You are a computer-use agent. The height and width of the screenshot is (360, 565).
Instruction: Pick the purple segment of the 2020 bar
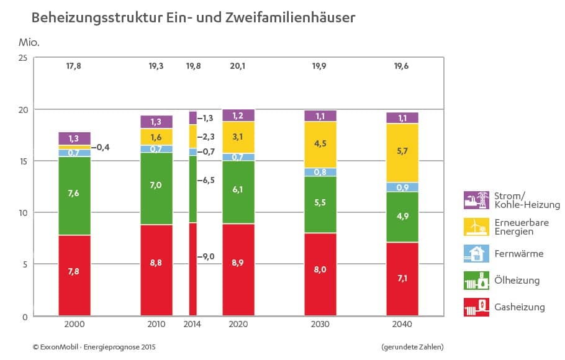tap(238, 115)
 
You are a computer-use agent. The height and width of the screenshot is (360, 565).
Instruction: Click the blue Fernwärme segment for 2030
tap(320, 172)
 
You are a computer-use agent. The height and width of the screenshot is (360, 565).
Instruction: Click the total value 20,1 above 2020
tap(238, 66)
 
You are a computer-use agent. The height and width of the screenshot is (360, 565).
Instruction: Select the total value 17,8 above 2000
tap(74, 66)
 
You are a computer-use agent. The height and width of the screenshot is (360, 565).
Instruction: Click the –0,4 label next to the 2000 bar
tap(101, 147)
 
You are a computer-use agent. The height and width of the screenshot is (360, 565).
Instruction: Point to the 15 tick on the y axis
tap(22, 161)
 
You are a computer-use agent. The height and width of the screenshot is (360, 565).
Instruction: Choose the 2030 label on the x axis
tap(320, 325)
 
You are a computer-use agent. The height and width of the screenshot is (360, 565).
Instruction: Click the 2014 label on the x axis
tap(193, 325)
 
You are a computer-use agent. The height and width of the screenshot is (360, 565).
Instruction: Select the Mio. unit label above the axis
tap(30, 43)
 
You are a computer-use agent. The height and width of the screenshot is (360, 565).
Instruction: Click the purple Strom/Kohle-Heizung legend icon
tap(476, 200)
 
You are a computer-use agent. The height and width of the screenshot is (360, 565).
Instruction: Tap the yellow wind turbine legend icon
tap(476, 227)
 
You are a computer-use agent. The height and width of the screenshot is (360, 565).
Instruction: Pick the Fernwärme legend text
tap(519, 254)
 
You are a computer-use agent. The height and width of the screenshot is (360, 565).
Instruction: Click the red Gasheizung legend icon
tap(476, 307)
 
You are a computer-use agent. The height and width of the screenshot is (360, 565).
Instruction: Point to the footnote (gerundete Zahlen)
tap(412, 346)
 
